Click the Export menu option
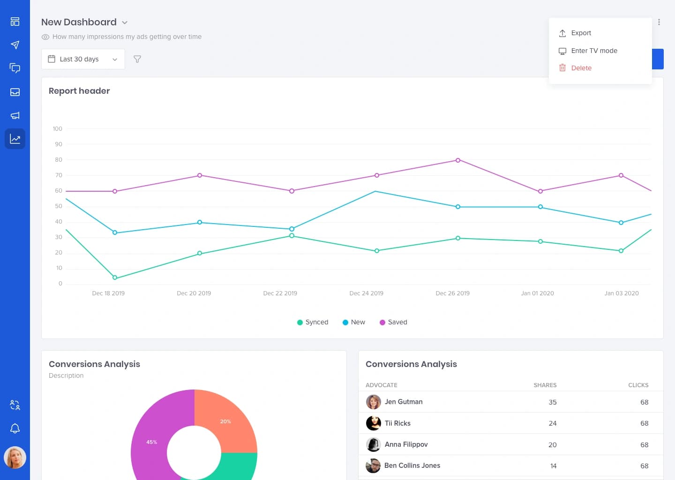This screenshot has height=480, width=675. click(x=581, y=33)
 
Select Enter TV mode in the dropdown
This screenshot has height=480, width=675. click(x=593, y=51)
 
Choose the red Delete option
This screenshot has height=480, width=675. click(x=581, y=68)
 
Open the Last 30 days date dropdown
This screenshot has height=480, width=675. click(x=83, y=59)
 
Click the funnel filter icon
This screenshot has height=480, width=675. click(x=137, y=59)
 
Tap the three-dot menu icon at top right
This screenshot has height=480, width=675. click(x=659, y=22)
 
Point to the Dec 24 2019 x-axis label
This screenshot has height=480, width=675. click(x=366, y=293)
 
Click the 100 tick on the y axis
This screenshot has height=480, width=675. click(x=57, y=129)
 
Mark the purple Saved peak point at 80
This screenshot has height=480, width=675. click(x=458, y=160)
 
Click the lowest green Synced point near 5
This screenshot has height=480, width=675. click(x=115, y=277)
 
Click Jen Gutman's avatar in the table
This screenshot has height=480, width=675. click(x=373, y=402)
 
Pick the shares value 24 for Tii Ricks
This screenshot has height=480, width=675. click(x=552, y=423)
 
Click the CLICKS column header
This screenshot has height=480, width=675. click(x=638, y=385)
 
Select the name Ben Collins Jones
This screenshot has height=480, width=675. click(x=412, y=465)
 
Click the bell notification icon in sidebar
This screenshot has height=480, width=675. click(x=15, y=428)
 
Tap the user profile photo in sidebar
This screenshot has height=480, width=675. click(x=15, y=457)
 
